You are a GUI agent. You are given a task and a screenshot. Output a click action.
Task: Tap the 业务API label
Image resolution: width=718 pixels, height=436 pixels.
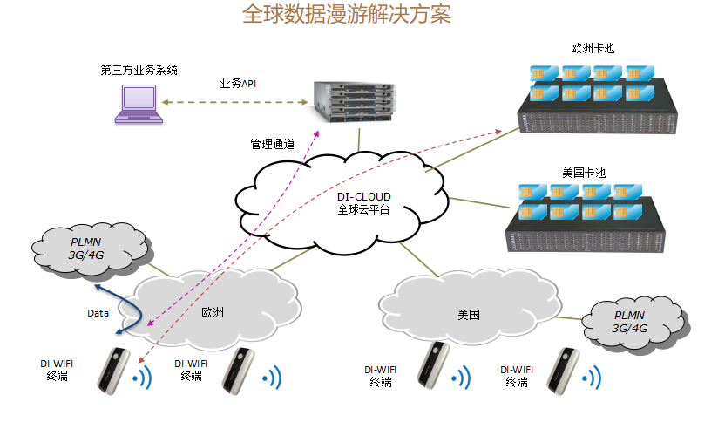[x=238, y=84]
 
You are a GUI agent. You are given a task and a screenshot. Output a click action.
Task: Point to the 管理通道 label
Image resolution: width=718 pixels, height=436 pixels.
[x=272, y=143]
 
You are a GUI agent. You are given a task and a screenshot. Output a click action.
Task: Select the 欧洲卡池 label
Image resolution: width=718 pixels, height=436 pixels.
[x=593, y=49]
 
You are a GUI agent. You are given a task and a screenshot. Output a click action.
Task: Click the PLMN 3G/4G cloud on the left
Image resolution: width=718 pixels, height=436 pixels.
[x=87, y=249]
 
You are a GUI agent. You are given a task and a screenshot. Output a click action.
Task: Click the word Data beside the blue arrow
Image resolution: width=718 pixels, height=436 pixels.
[x=98, y=313]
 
